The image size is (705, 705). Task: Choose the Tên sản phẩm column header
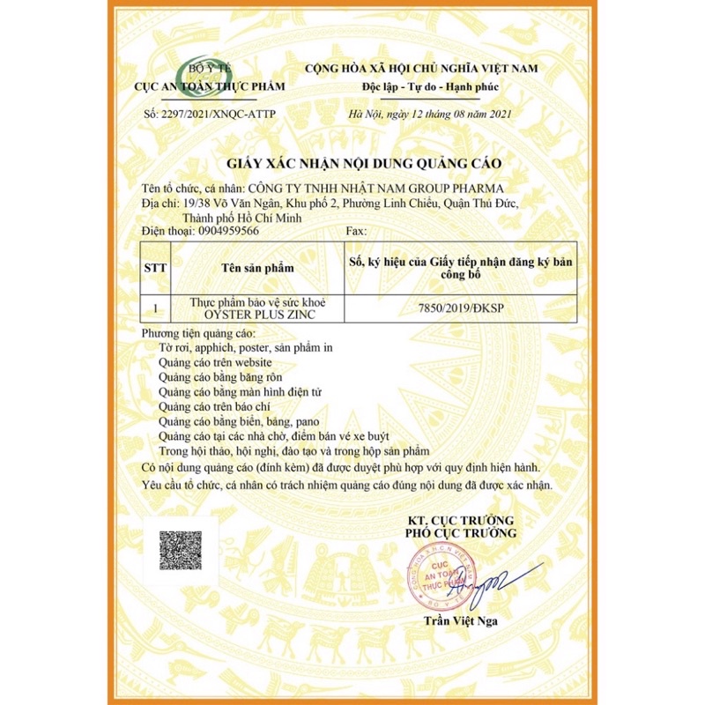[257, 267]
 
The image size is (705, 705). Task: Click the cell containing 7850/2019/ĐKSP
[458, 309]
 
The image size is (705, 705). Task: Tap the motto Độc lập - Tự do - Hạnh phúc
[419, 87]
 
